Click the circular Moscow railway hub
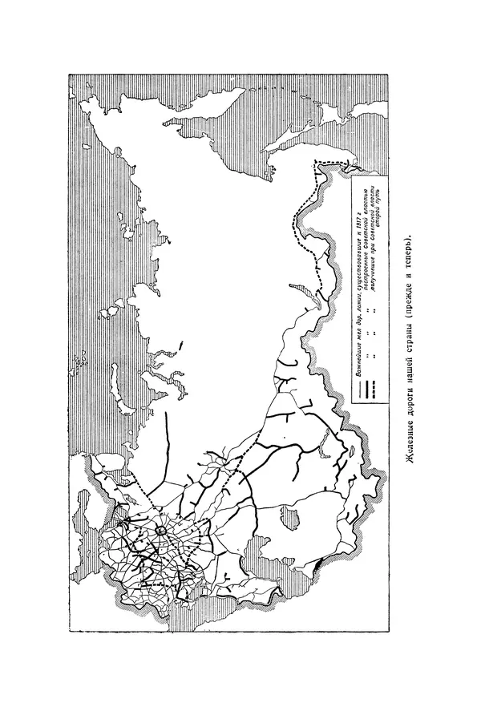pyautogui.click(x=160, y=531)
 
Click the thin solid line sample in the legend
pyautogui.click(x=357, y=391)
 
